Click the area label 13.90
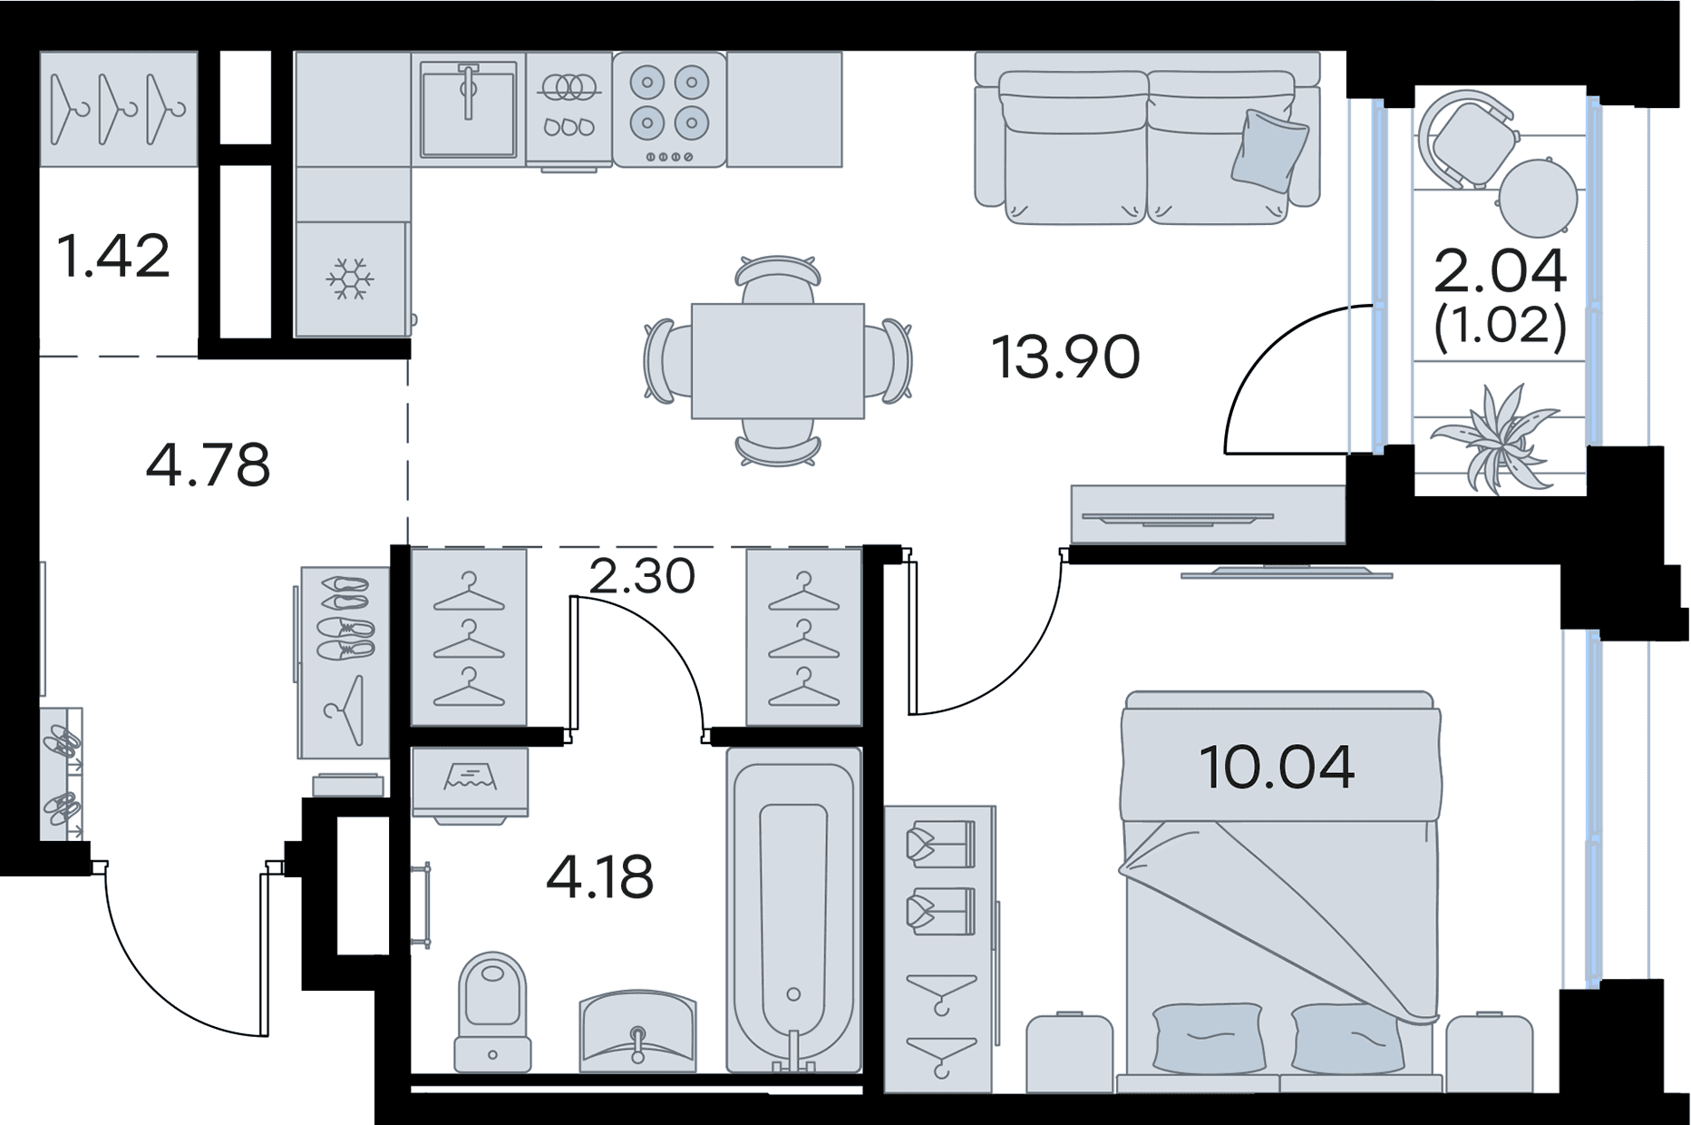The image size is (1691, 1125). (1065, 357)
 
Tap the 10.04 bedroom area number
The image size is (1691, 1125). (1277, 767)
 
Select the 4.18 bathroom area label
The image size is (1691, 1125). (599, 877)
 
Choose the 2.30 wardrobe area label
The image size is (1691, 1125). (642, 575)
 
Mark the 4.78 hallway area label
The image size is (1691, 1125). (208, 465)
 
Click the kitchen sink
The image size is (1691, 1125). (468, 109)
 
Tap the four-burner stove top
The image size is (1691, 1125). (669, 109)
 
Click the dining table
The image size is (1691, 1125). (778, 361)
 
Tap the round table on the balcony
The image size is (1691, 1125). (1538, 198)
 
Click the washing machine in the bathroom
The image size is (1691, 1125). (470, 785)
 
